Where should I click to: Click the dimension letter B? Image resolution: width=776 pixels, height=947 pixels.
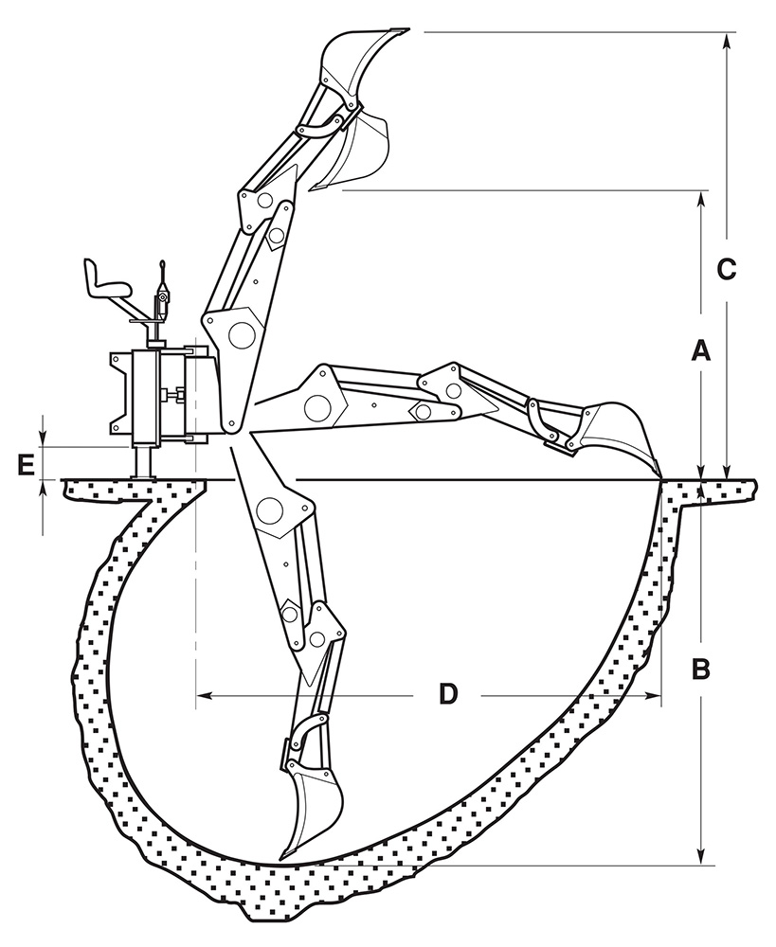700,670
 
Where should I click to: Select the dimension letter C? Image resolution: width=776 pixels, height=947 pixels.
725,269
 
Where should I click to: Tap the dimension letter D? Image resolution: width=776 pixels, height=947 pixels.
448,695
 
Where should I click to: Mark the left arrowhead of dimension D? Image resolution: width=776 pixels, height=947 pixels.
202,696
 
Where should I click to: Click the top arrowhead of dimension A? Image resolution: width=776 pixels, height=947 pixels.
701,197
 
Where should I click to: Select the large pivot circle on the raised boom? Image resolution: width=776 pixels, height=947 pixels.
242,334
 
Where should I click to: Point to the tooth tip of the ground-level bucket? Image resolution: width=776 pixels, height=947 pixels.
658,476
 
